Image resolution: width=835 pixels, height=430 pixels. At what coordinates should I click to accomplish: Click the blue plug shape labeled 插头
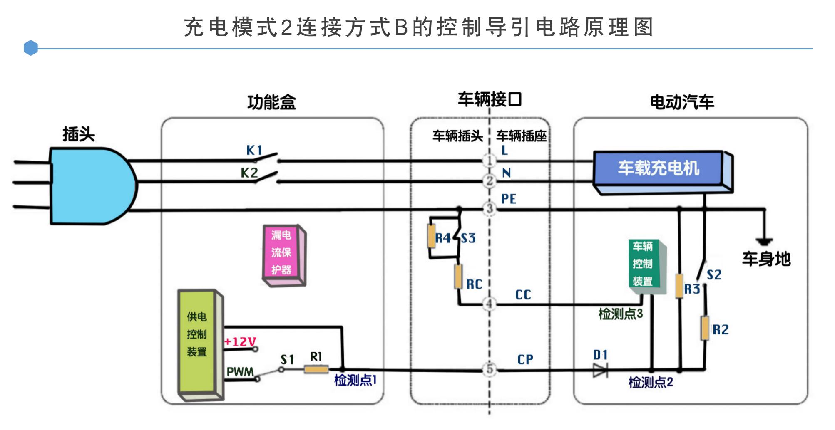coord(92,186)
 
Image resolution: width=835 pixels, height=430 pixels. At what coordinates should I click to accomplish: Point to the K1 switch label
coord(254,150)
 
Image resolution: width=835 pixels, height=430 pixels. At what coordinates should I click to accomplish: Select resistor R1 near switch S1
coord(316,369)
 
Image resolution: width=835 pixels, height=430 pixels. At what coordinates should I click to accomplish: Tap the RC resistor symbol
coord(458,277)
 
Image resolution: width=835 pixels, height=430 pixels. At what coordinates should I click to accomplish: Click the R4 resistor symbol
coord(432,236)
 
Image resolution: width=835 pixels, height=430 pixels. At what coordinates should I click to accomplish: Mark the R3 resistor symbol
coord(679,286)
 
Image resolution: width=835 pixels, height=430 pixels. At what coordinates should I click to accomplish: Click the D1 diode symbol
coord(600,370)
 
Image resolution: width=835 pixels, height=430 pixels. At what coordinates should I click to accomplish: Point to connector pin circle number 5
coord(490,369)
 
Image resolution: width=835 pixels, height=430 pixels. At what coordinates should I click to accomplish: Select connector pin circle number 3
coord(490,209)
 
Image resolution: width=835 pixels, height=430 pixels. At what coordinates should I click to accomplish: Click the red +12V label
coord(240,341)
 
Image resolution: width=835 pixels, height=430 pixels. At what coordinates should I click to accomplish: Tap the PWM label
coord(240,371)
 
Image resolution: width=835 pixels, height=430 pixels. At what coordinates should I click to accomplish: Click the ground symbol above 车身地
coord(765,242)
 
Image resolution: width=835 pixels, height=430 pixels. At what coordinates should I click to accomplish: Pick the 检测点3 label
coord(620,314)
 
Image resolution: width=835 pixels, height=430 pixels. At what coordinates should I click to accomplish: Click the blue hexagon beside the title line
coord(31,48)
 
